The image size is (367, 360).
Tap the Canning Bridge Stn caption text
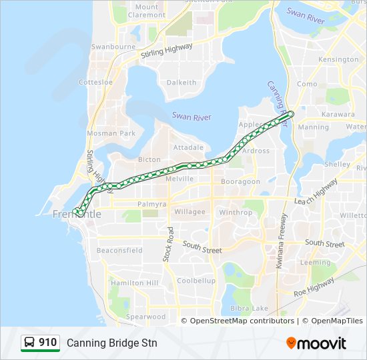[x=111, y=343]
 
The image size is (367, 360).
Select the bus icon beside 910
[x=30, y=343]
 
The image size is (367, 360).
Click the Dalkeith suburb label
[x=181, y=83]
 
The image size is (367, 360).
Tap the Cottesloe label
[x=95, y=82]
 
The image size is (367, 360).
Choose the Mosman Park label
[x=111, y=133]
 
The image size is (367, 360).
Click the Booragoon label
[x=240, y=181]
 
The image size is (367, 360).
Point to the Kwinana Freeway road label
[x=282, y=240]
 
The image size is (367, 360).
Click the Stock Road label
[x=169, y=243]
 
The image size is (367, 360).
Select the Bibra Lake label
[x=250, y=308]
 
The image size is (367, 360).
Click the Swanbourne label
[x=113, y=47]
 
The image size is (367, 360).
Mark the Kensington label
[x=338, y=59]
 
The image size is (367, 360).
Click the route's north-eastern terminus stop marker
[x=290, y=114]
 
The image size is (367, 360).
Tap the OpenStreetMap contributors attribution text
[x=242, y=321]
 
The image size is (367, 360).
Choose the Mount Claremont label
[x=146, y=11]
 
